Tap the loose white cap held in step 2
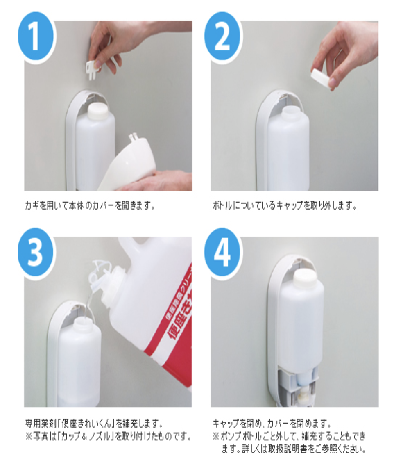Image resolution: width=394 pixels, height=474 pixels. click(322, 78)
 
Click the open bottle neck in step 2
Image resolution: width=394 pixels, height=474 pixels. click(289, 111)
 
